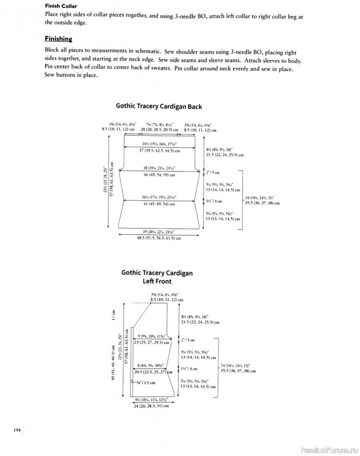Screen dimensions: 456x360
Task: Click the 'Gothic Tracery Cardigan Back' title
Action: pyautogui.click(x=159, y=105)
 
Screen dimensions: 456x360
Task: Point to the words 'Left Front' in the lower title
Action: pyautogui.click(x=157, y=281)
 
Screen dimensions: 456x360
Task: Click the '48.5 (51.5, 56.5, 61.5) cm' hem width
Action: pyautogui.click(x=159, y=238)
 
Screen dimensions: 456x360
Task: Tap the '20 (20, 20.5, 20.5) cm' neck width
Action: pyautogui.click(x=159, y=130)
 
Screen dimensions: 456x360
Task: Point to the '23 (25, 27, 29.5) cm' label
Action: pyautogui.click(x=152, y=343)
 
